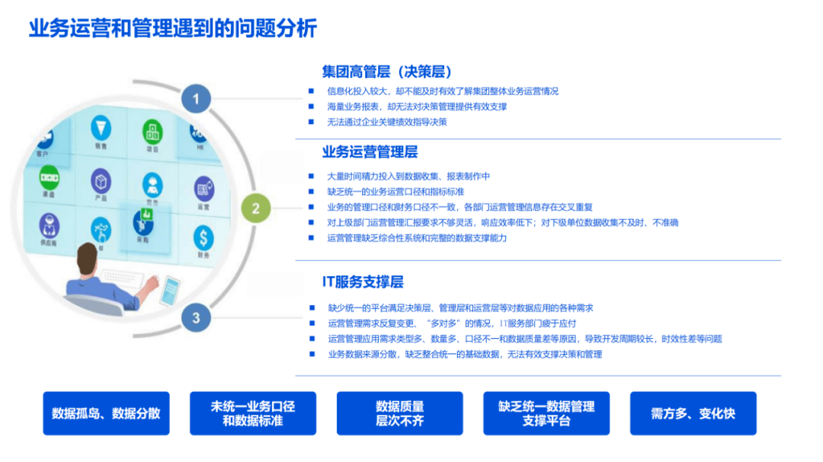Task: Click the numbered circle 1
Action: pyautogui.click(x=196, y=98)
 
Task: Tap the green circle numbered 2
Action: pyautogui.click(x=256, y=209)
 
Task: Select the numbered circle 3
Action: pyautogui.click(x=196, y=317)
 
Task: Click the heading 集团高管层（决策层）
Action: pyautogui.click(x=387, y=72)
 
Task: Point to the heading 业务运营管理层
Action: pyautogui.click(x=370, y=152)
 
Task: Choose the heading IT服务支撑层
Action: pyautogui.click(x=363, y=282)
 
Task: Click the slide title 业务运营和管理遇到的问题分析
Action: pyautogui.click(x=172, y=29)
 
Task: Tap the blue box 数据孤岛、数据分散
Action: pyautogui.click(x=106, y=413)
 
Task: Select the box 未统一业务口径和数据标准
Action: pyautogui.click(x=253, y=413)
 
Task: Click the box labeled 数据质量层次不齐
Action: pyautogui.click(x=400, y=413)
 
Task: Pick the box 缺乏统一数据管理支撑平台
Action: pyautogui.click(x=546, y=413)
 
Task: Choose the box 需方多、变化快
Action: pyautogui.click(x=693, y=413)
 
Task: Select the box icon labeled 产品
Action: pyautogui.click(x=101, y=181)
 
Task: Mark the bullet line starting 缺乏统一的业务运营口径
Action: pyautogui.click(x=395, y=192)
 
